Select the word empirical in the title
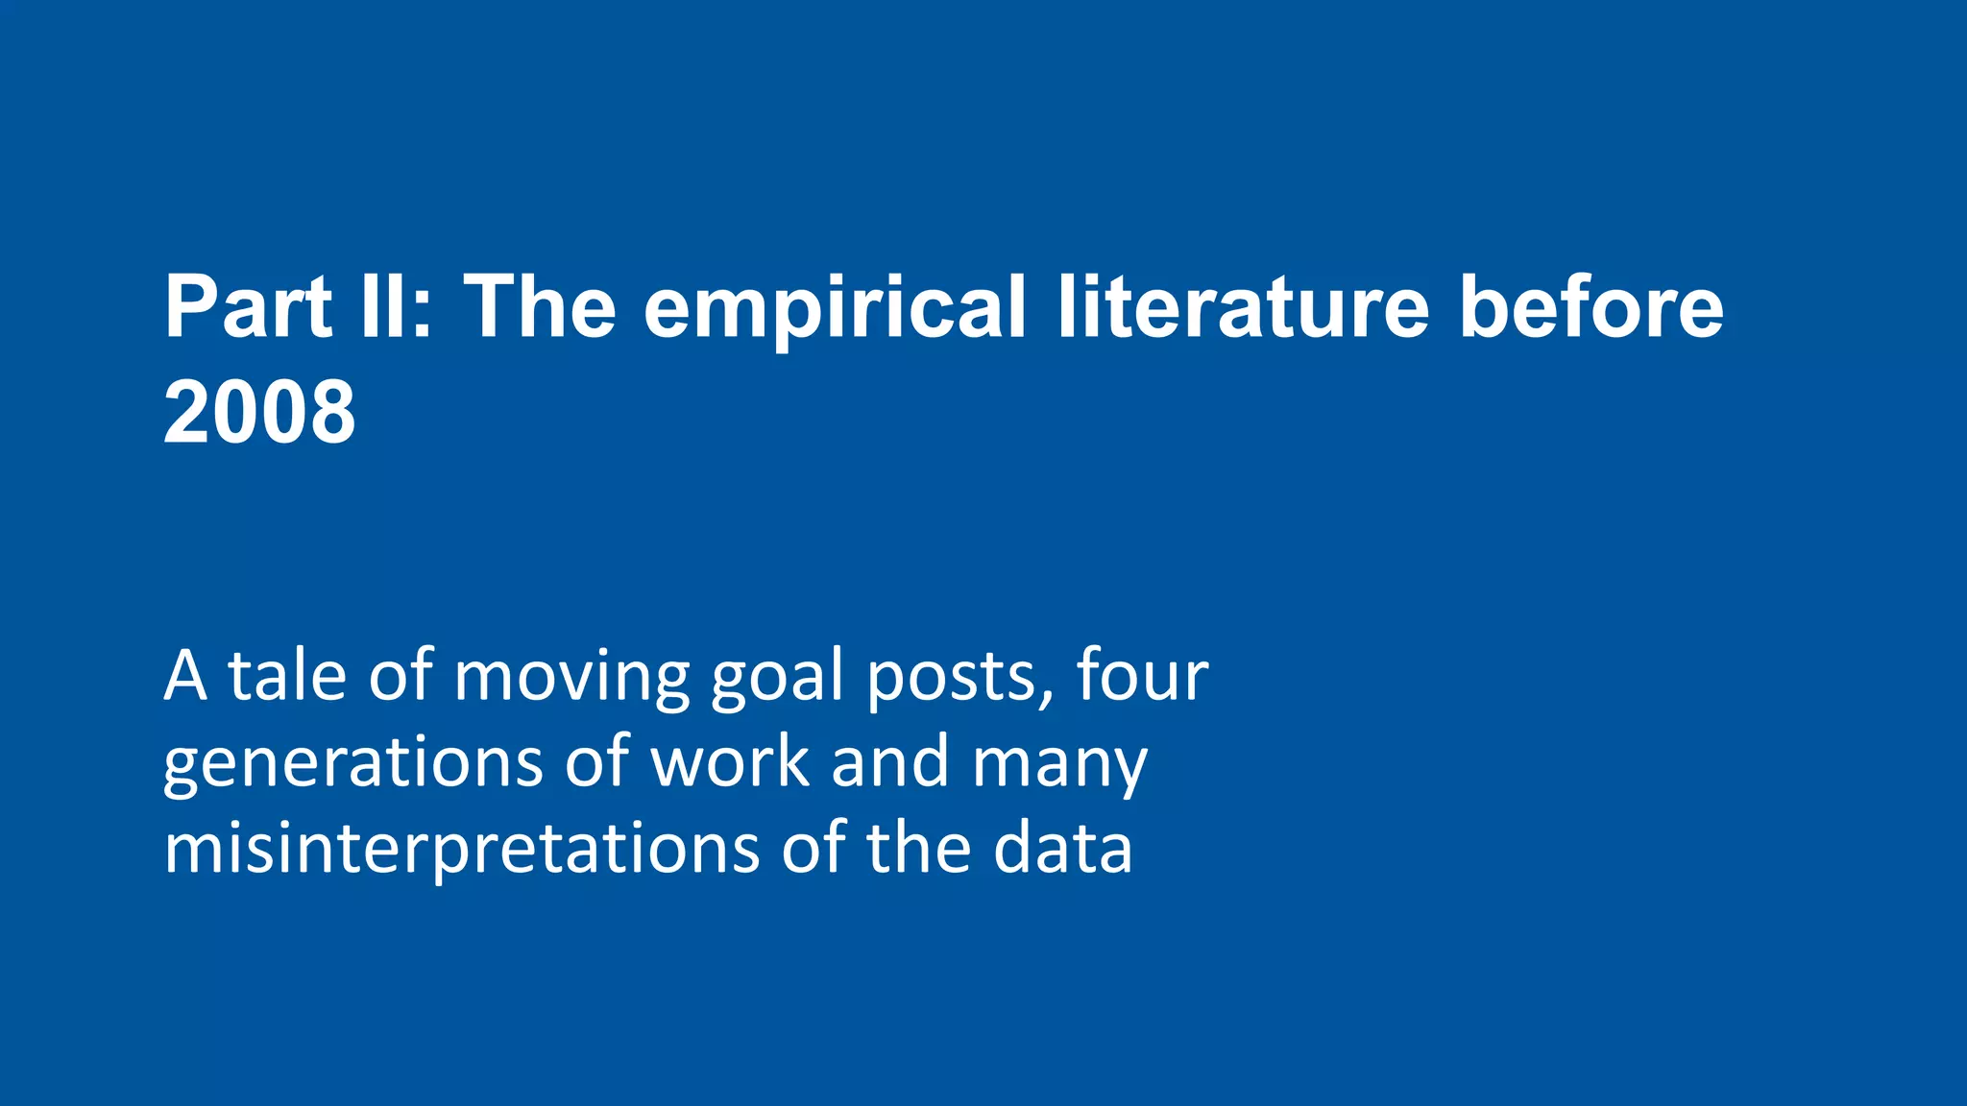(835, 309)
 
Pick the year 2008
(259, 413)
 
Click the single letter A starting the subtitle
(184, 677)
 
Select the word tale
(286, 677)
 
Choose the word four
(1141, 677)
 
